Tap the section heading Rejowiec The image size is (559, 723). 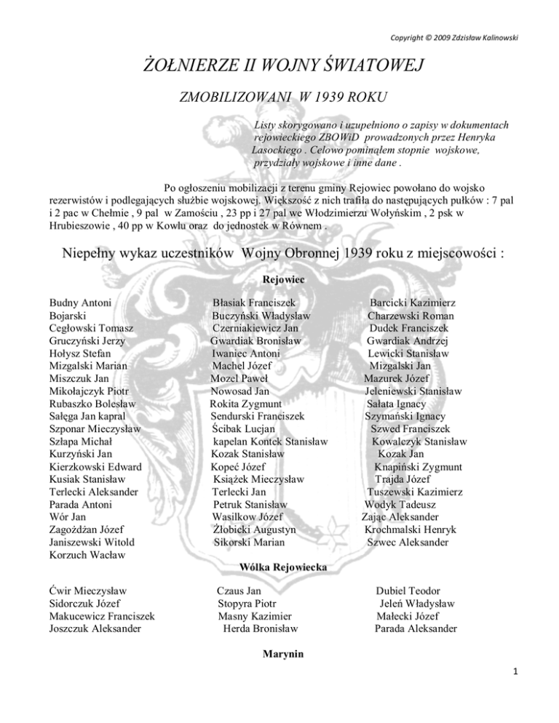280,279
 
